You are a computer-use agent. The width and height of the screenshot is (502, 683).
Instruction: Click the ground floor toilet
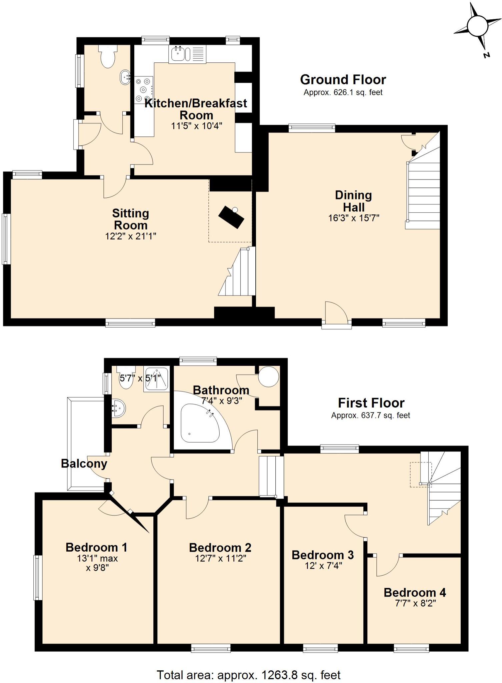[108, 57]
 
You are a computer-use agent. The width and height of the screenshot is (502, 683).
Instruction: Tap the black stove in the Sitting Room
[231, 217]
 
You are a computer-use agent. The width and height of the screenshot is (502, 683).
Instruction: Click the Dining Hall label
[353, 201]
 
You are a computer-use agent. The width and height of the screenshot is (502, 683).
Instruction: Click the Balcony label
[84, 464]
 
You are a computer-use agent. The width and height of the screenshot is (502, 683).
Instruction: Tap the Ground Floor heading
[343, 80]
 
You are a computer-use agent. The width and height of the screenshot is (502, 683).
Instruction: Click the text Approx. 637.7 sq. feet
[370, 416]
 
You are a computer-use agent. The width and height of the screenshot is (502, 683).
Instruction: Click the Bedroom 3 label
[322, 555]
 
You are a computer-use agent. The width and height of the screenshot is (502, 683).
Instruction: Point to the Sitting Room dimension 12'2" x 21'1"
[130, 236]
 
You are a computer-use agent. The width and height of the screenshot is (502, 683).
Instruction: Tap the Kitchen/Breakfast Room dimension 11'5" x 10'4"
[196, 126]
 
